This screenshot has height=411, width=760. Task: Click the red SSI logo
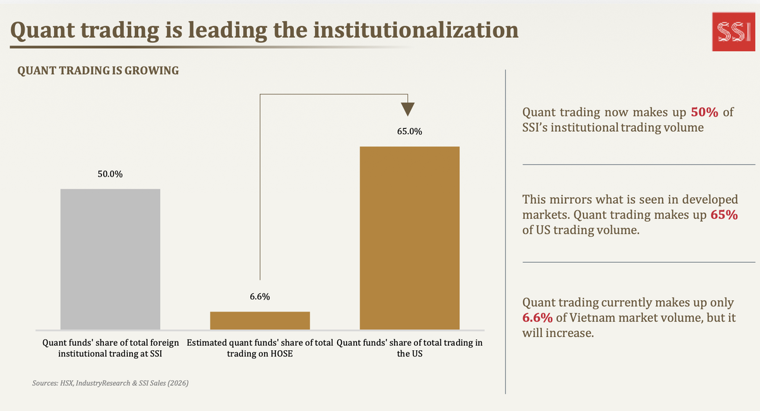(733, 32)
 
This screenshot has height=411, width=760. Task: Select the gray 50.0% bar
(110, 259)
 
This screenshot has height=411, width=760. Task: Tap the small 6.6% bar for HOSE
(260, 320)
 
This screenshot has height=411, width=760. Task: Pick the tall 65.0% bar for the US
(410, 238)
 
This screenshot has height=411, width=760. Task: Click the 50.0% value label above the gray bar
(110, 174)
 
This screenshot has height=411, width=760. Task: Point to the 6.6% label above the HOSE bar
(260, 296)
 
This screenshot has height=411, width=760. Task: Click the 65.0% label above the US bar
(410, 131)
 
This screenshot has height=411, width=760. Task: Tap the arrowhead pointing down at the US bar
(407, 110)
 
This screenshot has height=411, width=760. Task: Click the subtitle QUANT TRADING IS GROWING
(98, 70)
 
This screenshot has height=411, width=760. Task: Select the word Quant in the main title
(42, 30)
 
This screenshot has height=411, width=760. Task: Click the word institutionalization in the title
(415, 30)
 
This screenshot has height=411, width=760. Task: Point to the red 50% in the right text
(704, 112)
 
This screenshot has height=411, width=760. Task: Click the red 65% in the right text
(724, 215)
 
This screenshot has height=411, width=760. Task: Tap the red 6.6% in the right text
(538, 318)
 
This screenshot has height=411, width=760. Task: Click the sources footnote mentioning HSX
(110, 383)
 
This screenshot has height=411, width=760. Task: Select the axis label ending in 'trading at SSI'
(110, 348)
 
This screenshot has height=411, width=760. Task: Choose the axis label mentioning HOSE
(260, 348)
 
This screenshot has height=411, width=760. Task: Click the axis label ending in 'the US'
(410, 348)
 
